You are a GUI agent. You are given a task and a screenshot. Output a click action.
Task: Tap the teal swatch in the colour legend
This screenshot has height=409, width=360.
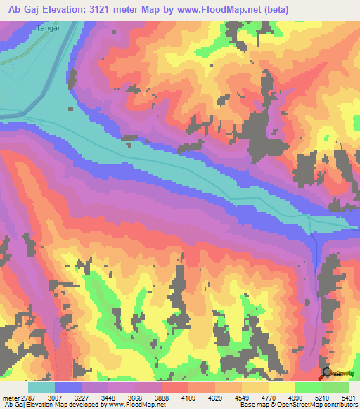pyautogui.click(x=41, y=387)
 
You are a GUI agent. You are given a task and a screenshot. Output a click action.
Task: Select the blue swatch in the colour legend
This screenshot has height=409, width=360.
pyautogui.click(x=68, y=387)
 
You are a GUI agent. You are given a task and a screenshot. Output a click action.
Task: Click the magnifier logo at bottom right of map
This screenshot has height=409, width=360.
pyautogui.click(x=326, y=373)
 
